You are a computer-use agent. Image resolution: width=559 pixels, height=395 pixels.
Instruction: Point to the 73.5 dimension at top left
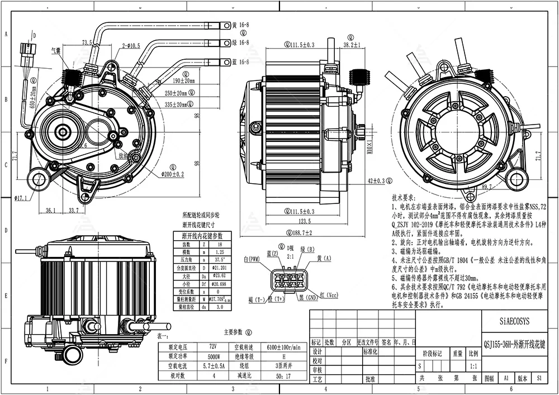click(87, 42)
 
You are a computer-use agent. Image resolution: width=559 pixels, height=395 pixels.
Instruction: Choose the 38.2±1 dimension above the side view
click(351, 45)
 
